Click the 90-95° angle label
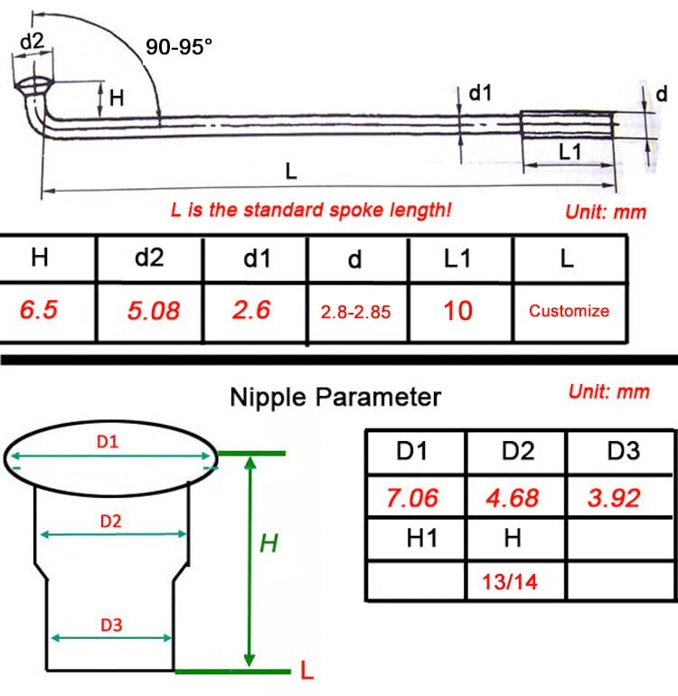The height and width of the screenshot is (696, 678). tap(179, 47)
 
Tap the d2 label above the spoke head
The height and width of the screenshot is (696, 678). tap(33, 42)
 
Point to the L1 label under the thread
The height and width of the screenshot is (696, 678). tap(570, 152)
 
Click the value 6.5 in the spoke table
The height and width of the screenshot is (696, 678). tap(39, 309)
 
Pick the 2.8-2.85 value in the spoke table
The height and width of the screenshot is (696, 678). tap(355, 312)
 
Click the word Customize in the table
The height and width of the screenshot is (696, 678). tap(569, 311)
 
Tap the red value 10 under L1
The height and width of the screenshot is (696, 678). tap(457, 311)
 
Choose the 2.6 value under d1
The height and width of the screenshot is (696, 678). tap(251, 310)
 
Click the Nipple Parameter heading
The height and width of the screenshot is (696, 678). tap(335, 397)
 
